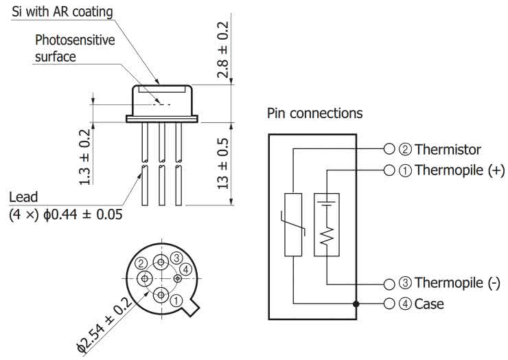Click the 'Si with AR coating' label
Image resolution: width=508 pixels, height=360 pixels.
point(62,12)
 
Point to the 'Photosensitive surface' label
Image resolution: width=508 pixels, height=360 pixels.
point(75,48)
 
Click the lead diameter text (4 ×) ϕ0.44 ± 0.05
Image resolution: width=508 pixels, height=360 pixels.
point(65,214)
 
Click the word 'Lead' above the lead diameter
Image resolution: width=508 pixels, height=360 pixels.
point(23,198)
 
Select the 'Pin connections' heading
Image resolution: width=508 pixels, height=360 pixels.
point(314,113)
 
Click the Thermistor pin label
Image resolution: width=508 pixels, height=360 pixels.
point(448,149)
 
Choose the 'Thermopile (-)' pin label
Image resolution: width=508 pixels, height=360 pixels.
point(457,283)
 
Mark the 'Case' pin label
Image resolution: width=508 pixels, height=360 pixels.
point(429,304)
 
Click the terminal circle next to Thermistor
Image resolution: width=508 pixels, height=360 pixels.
point(389,149)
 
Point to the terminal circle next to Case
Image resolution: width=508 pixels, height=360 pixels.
point(389,304)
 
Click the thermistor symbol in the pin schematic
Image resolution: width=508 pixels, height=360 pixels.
point(293,225)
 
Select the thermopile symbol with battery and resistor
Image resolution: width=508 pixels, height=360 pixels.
point(327,225)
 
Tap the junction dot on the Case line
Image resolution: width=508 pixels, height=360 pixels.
point(356,304)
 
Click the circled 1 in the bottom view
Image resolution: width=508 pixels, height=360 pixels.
point(176,300)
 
